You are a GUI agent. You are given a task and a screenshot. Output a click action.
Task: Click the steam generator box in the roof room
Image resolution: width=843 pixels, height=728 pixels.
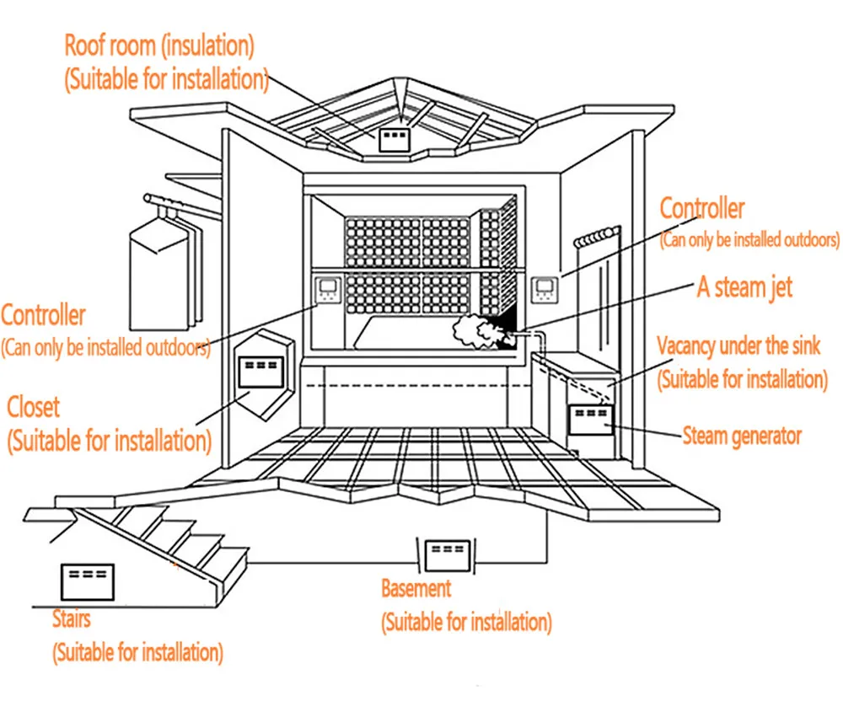click(x=395, y=140)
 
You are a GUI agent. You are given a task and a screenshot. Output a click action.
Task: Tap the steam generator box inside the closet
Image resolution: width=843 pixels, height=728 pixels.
click(x=260, y=372)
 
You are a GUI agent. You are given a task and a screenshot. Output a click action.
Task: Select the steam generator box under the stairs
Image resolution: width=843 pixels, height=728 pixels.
click(x=88, y=582)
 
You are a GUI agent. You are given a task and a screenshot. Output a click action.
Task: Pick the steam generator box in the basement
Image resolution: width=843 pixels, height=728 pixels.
click(x=448, y=555)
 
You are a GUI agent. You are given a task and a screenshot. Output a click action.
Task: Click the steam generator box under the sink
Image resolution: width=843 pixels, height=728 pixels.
click(x=591, y=420)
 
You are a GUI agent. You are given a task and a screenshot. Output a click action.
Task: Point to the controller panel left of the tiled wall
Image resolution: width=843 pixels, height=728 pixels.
click(x=328, y=290)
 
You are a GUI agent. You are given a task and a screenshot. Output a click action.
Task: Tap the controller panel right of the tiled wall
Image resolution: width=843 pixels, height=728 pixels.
click(x=545, y=290)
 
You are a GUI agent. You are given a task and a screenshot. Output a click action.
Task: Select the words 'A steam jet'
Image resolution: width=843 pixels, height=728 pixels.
click(x=744, y=287)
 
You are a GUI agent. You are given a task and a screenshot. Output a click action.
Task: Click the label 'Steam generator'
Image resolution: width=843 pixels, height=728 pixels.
click(x=742, y=436)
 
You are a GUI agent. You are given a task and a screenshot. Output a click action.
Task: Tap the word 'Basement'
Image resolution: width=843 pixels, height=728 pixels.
click(x=416, y=588)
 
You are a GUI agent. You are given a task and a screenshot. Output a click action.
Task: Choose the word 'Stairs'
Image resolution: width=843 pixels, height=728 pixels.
click(x=72, y=618)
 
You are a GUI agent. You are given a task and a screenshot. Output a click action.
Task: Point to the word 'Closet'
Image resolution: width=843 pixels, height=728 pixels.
click(x=33, y=407)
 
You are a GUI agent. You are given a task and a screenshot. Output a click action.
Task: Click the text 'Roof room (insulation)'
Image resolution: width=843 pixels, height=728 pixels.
click(x=159, y=45)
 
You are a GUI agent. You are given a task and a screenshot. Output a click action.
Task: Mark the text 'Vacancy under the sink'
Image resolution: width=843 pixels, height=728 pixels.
click(x=738, y=345)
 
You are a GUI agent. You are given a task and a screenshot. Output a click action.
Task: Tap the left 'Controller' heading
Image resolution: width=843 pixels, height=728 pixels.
click(x=43, y=315)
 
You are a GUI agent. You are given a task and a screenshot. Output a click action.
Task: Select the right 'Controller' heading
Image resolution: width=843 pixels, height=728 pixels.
click(x=702, y=208)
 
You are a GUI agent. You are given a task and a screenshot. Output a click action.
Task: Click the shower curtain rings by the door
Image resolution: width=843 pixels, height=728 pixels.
click(x=596, y=238)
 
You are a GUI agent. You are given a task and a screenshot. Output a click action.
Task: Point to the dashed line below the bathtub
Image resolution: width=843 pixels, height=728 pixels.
click(x=419, y=385)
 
